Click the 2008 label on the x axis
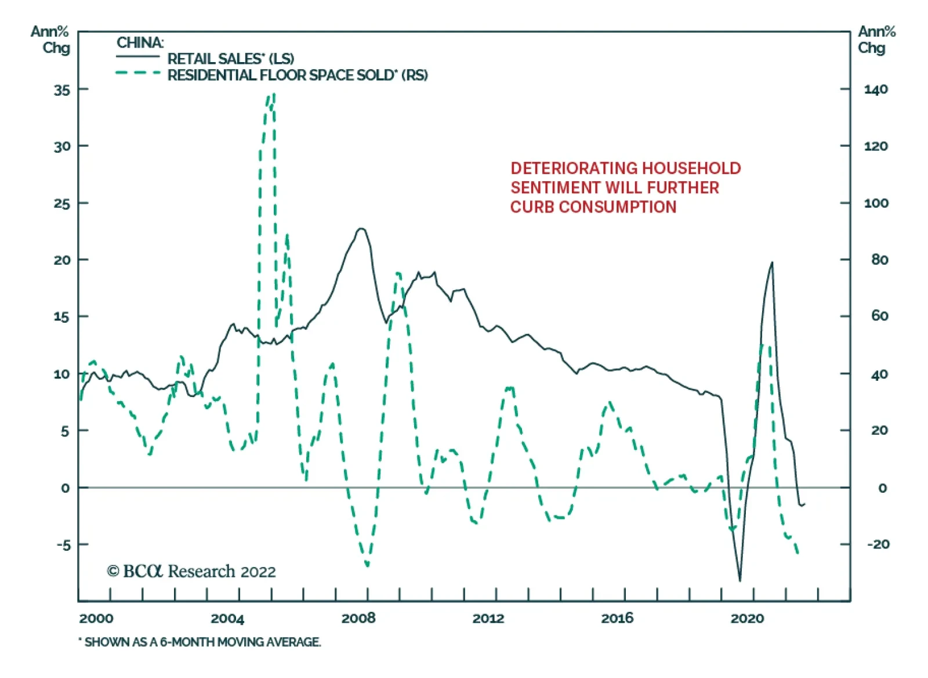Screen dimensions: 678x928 358,618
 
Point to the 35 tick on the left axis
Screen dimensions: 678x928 62,90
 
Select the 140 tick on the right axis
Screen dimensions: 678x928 875,90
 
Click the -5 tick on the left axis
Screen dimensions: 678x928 63,545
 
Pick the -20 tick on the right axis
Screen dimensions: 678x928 878,544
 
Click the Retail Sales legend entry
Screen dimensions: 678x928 230,59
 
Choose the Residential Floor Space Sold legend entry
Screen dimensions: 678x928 297,75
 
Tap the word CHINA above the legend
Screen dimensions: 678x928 140,43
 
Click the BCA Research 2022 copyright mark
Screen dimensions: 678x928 191,572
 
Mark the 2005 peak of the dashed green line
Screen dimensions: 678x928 273,94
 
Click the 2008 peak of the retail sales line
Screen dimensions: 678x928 361,228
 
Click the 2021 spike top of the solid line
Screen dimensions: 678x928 772,262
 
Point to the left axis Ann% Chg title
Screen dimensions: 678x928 50,39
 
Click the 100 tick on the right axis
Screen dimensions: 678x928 876,204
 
